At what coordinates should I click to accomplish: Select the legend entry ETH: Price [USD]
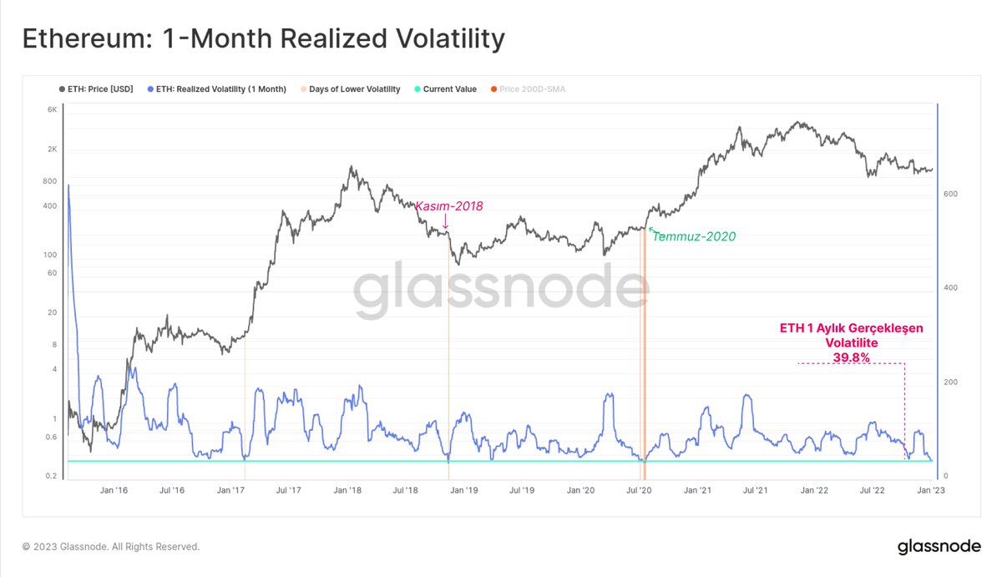96,89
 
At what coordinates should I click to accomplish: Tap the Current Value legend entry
446,89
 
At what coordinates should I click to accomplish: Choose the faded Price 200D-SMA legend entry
528,89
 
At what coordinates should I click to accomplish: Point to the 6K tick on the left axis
53,109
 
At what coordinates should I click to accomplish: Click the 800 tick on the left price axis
49,181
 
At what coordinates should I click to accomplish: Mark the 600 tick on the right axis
950,194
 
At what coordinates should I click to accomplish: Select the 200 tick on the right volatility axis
950,382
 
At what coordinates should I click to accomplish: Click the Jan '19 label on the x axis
464,490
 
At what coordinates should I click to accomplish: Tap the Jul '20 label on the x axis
639,490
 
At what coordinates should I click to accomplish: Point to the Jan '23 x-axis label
931,490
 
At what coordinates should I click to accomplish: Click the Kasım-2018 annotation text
449,205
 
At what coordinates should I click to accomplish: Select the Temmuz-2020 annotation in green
694,236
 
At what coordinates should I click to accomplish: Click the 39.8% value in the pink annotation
851,357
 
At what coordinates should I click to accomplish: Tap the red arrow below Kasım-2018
446,221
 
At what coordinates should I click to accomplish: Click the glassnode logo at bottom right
939,547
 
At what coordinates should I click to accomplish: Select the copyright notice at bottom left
111,547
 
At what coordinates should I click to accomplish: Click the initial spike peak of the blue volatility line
68,185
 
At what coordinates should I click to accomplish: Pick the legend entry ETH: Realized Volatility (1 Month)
217,89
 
